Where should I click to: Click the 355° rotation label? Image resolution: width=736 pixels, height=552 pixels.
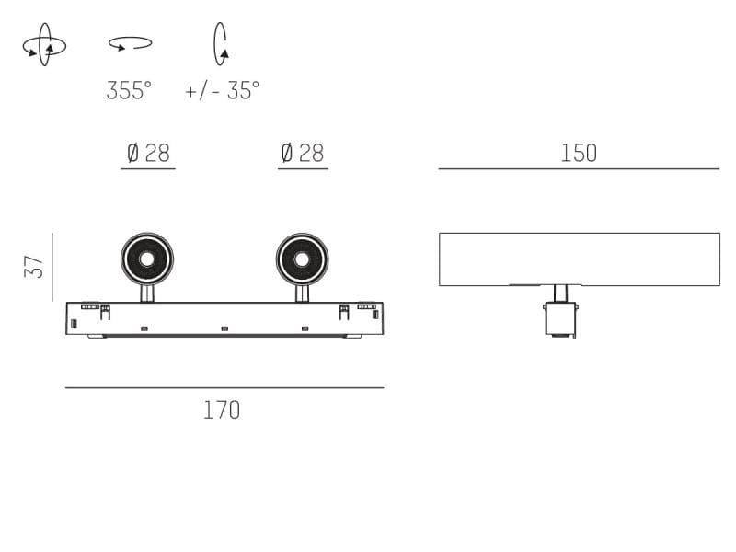point(129,90)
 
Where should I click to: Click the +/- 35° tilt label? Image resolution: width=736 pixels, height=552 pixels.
point(222,90)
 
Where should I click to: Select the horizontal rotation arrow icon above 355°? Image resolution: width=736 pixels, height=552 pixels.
point(130,42)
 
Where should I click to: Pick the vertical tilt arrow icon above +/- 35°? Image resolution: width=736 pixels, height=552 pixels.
point(220,43)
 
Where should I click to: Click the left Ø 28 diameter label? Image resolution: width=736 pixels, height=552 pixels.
point(148,153)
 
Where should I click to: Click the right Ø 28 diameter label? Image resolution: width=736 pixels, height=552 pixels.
point(302,153)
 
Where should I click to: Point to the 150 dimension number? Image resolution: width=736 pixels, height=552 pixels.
point(579,153)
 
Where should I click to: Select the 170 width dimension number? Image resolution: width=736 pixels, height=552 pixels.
point(222,409)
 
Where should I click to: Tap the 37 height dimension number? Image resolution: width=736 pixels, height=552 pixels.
point(34,267)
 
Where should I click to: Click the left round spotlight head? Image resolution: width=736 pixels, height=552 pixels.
point(146,259)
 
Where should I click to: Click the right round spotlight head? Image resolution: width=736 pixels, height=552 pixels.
point(302,259)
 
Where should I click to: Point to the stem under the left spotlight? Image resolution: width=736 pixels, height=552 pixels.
point(146,293)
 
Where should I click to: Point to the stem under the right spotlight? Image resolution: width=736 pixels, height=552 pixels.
point(302,293)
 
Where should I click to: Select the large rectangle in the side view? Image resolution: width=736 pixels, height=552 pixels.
point(579,259)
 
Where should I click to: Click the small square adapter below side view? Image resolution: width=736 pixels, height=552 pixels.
point(560,318)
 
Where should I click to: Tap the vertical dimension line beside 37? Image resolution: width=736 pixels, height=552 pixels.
point(52,267)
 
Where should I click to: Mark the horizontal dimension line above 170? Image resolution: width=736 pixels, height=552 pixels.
point(224,387)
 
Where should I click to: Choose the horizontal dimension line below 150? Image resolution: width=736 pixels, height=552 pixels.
point(579,169)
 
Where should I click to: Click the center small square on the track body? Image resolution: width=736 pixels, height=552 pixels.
point(224,328)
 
